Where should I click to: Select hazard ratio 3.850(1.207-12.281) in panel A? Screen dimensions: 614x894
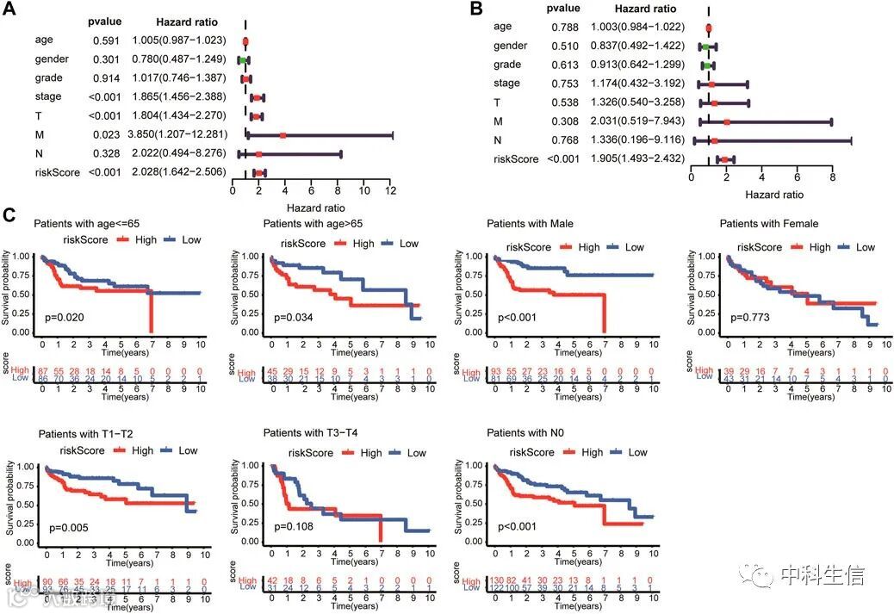(178, 134)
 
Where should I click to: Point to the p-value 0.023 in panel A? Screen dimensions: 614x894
(105, 134)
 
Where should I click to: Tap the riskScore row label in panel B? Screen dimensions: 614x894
(516, 159)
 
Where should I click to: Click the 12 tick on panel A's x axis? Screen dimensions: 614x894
(391, 189)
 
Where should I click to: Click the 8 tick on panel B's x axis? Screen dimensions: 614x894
(832, 177)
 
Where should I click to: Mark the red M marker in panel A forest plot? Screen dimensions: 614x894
(282, 135)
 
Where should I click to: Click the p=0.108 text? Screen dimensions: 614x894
(293, 526)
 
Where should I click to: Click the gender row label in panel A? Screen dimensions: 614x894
(52, 59)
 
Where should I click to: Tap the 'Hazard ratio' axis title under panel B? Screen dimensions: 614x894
(773, 195)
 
